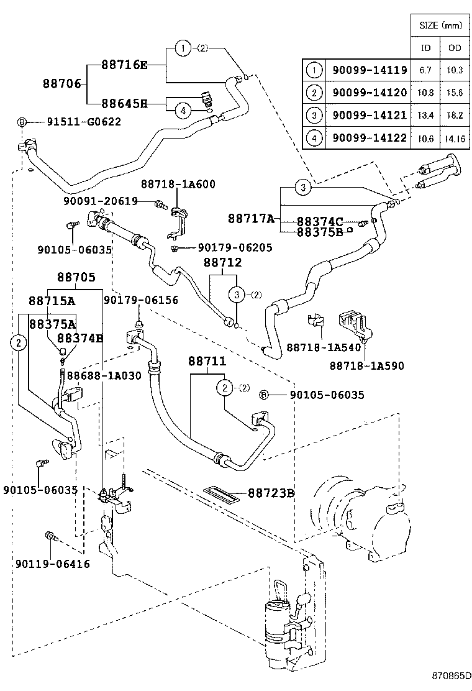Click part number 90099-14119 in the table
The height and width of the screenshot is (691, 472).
point(369,70)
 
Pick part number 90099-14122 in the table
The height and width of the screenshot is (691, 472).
point(369,138)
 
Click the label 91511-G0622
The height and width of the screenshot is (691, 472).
point(83,122)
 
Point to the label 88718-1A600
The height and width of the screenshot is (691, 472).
point(178,184)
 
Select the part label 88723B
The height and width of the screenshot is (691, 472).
point(271,493)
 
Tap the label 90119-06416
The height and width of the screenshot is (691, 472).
point(53,564)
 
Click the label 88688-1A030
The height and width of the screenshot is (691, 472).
point(104,375)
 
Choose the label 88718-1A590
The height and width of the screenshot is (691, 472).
point(367,366)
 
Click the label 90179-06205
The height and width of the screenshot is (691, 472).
point(235,247)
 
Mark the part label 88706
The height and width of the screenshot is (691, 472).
point(62,83)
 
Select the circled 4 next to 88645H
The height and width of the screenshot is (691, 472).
point(183,110)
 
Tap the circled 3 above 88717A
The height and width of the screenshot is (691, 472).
point(302,186)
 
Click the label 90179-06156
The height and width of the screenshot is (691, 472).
point(140,300)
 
